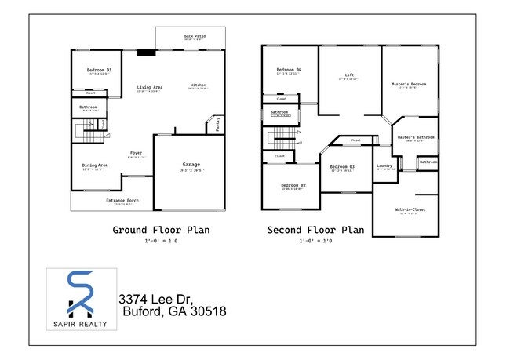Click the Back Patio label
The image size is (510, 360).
[195, 36]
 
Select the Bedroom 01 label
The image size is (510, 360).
[99, 71]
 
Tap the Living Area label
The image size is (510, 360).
[149, 87]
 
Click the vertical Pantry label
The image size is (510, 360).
[217, 125]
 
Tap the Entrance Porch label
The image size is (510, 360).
[122, 201]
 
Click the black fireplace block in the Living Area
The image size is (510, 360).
[146, 53]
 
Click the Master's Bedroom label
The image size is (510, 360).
[408, 84]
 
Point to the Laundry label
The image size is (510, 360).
[384, 165]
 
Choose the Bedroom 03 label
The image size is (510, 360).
[342, 166]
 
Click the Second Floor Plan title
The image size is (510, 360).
[316, 230]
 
